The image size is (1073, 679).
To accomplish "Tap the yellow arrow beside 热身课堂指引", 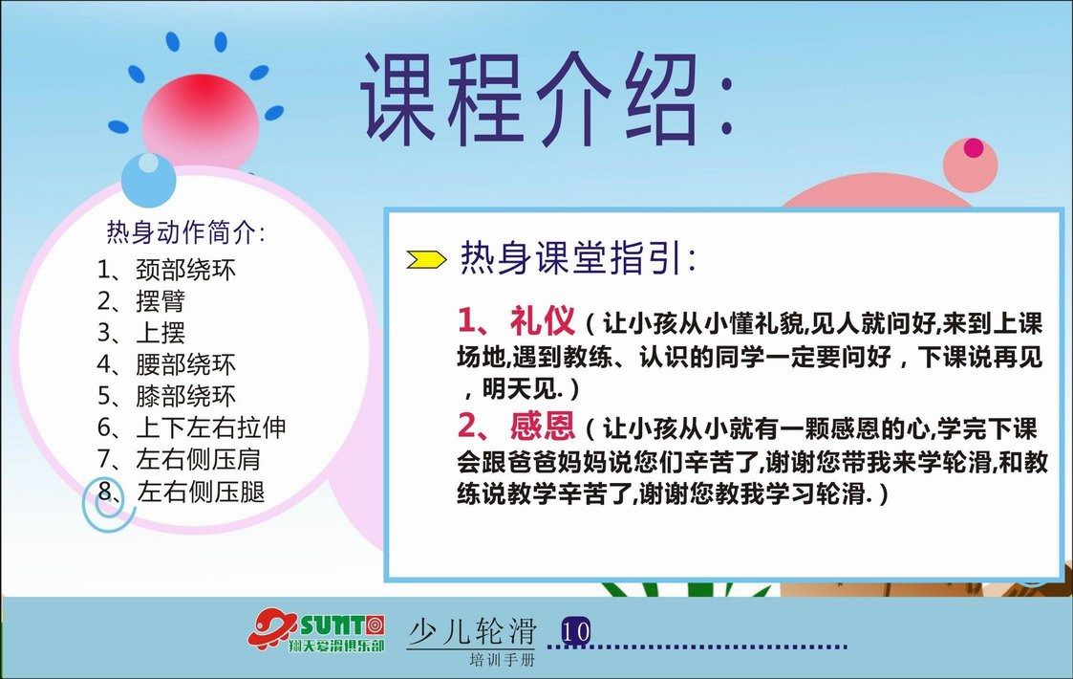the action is click(x=425, y=259).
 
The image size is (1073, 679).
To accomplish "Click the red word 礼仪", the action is click(x=542, y=320).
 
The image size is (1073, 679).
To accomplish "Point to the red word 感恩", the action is click(x=542, y=426).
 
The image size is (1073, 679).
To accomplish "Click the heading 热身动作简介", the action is click(x=185, y=232).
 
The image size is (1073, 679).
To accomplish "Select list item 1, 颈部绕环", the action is click(x=166, y=270).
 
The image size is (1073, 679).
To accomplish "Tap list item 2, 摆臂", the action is click(x=141, y=301).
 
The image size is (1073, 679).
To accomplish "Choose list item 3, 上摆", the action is click(x=141, y=332).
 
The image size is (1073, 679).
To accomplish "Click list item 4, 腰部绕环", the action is click(x=166, y=363).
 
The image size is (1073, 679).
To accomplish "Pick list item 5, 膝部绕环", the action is click(x=166, y=395).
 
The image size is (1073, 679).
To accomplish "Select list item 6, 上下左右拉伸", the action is click(x=192, y=427).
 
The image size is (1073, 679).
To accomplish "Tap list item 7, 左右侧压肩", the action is click(x=179, y=458).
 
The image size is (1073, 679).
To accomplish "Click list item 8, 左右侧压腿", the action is click(x=181, y=491).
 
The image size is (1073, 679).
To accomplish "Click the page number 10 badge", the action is click(x=575, y=630).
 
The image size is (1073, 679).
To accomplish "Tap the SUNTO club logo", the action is click(x=316, y=630).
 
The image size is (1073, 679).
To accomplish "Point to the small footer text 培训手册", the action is click(x=503, y=661).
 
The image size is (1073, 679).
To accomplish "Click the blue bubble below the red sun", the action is click(x=148, y=179).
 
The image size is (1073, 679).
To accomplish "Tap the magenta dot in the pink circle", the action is click(x=973, y=147).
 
